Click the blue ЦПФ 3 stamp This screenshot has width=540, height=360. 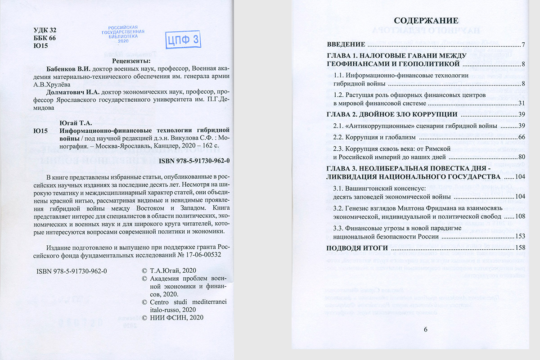coord(183,39)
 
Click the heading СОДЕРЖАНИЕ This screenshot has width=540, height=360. coord(426,21)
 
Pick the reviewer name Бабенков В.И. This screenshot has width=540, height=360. coord(69,69)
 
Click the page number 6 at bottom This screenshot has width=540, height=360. coord(426,329)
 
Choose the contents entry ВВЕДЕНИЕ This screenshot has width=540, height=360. coord(345,45)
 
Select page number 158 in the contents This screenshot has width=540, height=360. coord(521,248)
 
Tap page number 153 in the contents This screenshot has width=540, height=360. coord(521,236)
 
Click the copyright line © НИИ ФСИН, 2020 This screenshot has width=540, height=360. coord(173,318)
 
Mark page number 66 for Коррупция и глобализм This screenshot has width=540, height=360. coord(522,136)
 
